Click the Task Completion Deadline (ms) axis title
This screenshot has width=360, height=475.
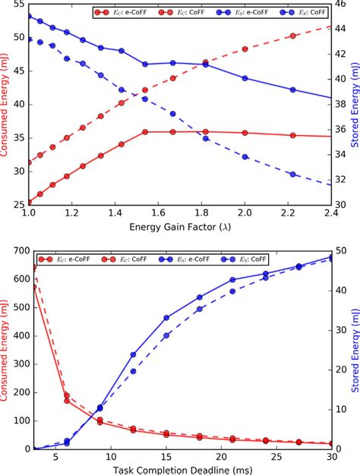click(x=180, y=470)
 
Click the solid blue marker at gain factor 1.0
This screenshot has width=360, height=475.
click(x=28, y=16)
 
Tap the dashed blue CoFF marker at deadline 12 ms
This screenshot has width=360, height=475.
click(x=133, y=371)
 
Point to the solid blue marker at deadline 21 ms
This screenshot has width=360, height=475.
click(x=233, y=280)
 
